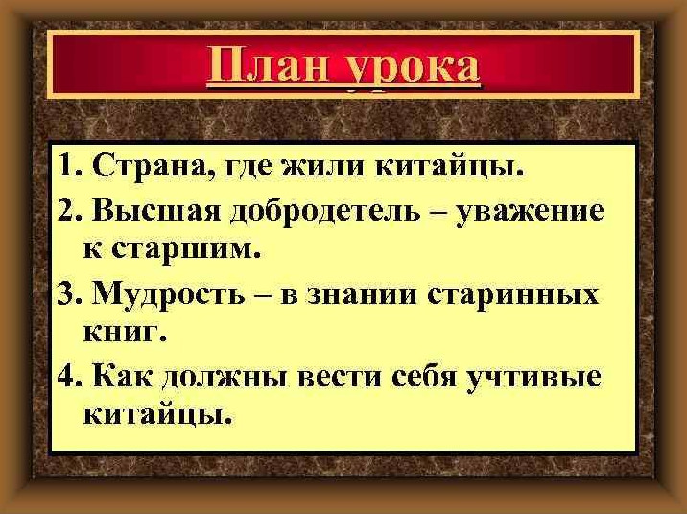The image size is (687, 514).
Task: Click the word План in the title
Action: (x=268, y=68)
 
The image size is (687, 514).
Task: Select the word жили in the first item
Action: (x=322, y=167)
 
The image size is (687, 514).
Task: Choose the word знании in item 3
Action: (x=363, y=294)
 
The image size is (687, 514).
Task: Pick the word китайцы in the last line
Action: (x=156, y=413)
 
